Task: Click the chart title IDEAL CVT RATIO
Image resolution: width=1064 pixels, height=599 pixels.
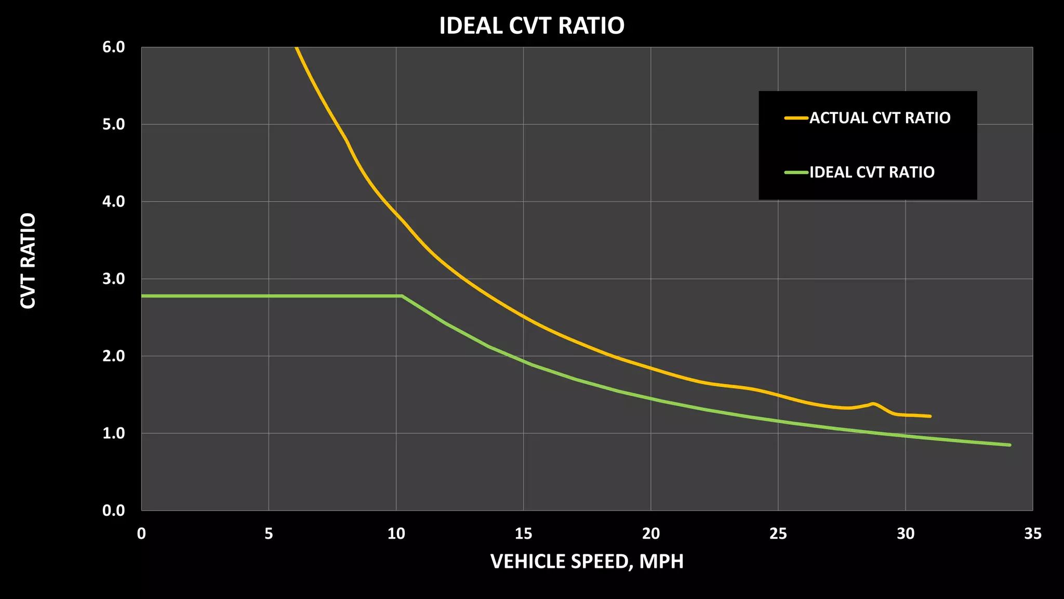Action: (531, 25)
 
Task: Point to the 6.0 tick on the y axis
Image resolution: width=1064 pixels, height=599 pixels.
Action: (114, 47)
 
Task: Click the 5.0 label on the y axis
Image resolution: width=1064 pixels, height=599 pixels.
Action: (114, 124)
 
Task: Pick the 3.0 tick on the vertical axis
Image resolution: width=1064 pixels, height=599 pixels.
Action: (114, 279)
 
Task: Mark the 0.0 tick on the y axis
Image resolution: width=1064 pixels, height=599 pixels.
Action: (114, 510)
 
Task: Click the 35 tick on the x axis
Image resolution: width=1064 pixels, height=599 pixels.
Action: (1032, 533)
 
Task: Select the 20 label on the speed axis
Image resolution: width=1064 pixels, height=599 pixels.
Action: (650, 533)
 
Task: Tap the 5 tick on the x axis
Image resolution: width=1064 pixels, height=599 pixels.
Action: (269, 533)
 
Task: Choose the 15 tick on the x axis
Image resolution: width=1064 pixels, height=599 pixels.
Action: (523, 533)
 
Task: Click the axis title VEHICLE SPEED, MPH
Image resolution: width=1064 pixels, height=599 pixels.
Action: (587, 562)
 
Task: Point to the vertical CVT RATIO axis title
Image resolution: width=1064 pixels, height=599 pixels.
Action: (28, 261)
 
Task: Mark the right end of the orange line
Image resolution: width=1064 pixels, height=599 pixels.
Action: (930, 416)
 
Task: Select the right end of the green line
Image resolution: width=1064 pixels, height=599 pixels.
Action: (1010, 445)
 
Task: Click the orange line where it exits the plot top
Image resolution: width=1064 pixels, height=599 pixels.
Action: (296, 48)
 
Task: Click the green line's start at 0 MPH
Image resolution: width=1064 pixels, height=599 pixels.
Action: (142, 296)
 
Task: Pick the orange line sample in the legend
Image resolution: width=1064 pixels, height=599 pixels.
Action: (796, 118)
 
